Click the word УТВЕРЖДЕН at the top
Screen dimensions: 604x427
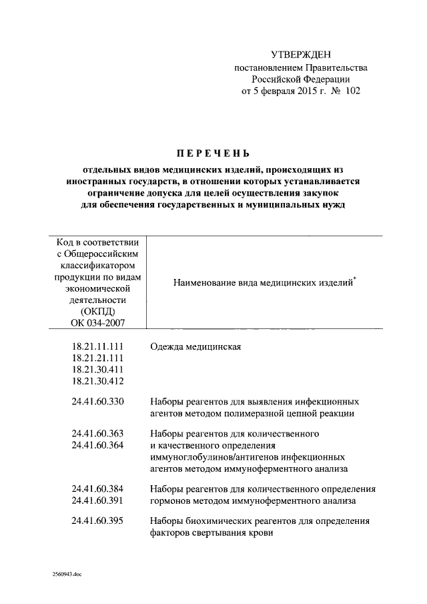pos(300,54)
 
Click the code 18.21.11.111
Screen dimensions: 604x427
pos(97,348)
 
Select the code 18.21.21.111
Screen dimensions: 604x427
pos(97,359)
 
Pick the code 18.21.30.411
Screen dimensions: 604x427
pos(97,370)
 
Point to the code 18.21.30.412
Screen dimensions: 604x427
pos(97,381)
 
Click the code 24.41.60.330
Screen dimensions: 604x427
pos(97,402)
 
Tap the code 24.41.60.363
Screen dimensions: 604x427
pos(97,434)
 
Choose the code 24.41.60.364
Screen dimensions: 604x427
pos(97,445)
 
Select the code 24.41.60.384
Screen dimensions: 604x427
pos(97,489)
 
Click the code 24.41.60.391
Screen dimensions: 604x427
pos(97,500)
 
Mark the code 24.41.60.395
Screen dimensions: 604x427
pos(97,521)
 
